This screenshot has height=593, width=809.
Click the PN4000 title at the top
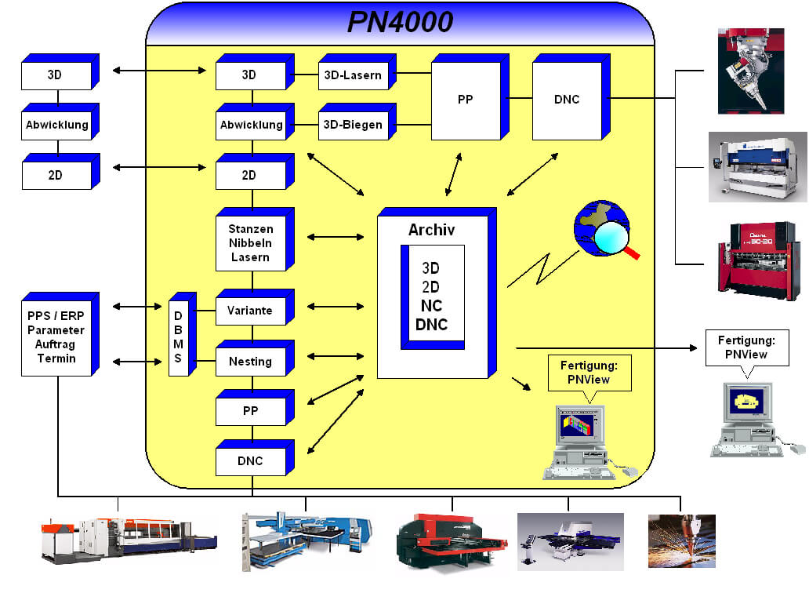click(x=400, y=22)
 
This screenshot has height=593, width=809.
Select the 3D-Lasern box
click(x=353, y=75)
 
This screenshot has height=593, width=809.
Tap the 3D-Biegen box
click(x=353, y=125)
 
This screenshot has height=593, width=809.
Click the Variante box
click(x=250, y=311)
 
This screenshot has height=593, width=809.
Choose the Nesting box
click(x=250, y=362)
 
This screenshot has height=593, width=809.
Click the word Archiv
click(x=431, y=230)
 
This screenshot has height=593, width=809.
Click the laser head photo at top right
click(x=750, y=71)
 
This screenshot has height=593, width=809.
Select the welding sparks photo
click(x=681, y=540)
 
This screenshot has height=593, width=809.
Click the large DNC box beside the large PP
click(x=566, y=100)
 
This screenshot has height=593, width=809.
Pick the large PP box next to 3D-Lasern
click(x=466, y=100)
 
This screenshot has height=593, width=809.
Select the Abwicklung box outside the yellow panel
click(x=56, y=125)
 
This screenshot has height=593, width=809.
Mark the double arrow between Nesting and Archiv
click(x=336, y=357)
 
